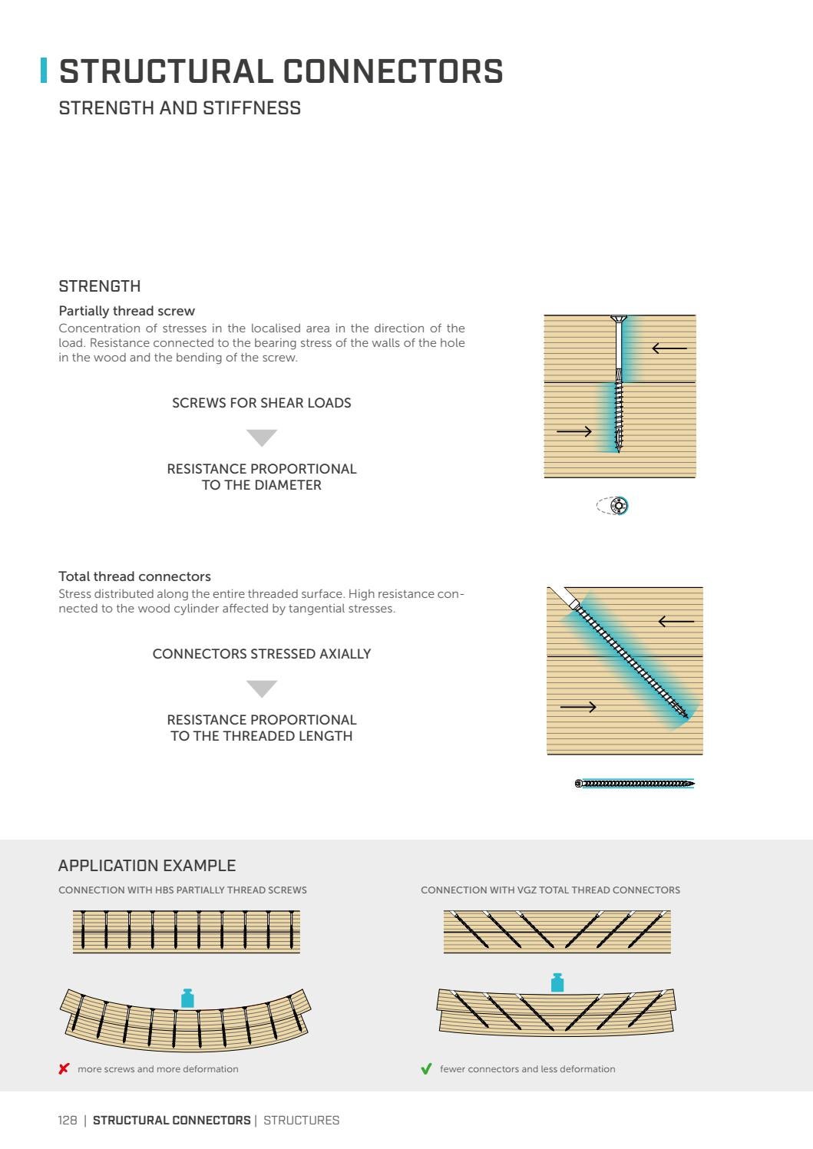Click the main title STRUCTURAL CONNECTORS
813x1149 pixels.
[x=281, y=71]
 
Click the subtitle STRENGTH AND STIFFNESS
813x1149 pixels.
[x=180, y=108]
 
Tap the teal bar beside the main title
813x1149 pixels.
[x=44, y=71]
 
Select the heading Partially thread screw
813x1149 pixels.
[x=127, y=311]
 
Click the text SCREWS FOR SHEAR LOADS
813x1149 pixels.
[x=261, y=403]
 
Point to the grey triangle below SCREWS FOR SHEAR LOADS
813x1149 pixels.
[x=262, y=437]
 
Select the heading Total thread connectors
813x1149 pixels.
[x=134, y=576]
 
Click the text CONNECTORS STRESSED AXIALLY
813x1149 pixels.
[x=261, y=654]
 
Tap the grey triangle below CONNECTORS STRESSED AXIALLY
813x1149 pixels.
[x=262, y=688]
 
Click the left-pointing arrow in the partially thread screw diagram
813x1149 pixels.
[x=669, y=348]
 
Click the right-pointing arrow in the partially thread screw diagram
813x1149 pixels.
[x=574, y=431]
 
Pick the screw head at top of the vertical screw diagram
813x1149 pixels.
[x=619, y=319]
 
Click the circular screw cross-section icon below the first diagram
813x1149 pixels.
[x=618, y=506]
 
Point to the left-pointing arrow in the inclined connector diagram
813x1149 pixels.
[x=676, y=622]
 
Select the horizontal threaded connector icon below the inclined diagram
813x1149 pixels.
[x=634, y=784]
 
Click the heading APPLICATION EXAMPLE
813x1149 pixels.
[x=147, y=866]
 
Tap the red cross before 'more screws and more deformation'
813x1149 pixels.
[x=64, y=1069]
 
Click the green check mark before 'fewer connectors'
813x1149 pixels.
[x=426, y=1069]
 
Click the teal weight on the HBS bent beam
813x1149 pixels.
[x=187, y=998]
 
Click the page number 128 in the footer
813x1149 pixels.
[x=68, y=1121]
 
